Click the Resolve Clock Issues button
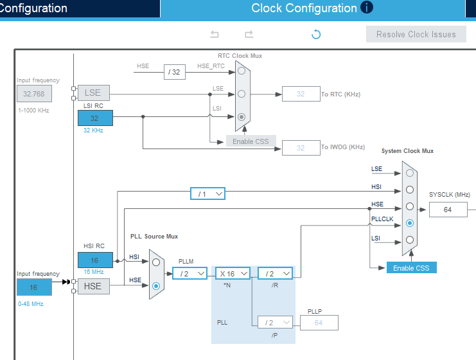click(416, 35)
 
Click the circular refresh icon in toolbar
click(316, 35)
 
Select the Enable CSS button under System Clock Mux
click(411, 267)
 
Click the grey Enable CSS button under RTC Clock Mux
click(251, 141)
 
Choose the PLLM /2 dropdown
click(190, 273)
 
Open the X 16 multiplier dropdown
click(232, 273)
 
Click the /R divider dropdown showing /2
click(275, 273)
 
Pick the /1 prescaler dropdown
click(207, 194)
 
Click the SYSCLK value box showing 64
click(448, 210)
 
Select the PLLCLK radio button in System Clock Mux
click(409, 223)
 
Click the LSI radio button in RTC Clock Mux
click(242, 117)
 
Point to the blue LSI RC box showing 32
click(95, 118)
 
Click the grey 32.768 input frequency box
click(34, 93)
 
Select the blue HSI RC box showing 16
click(95, 260)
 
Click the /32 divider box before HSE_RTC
click(175, 72)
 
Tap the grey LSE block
click(93, 93)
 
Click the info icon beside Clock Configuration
click(367, 8)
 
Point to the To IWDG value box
click(301, 148)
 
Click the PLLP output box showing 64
click(319, 323)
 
